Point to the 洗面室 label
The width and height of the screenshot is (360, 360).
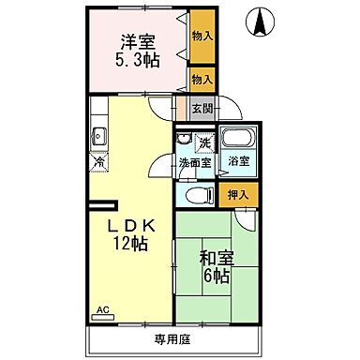[195, 164]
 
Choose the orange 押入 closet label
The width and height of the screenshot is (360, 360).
[239, 196]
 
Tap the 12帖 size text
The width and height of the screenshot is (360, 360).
[131, 246]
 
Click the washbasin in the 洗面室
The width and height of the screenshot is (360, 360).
[185, 142]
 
